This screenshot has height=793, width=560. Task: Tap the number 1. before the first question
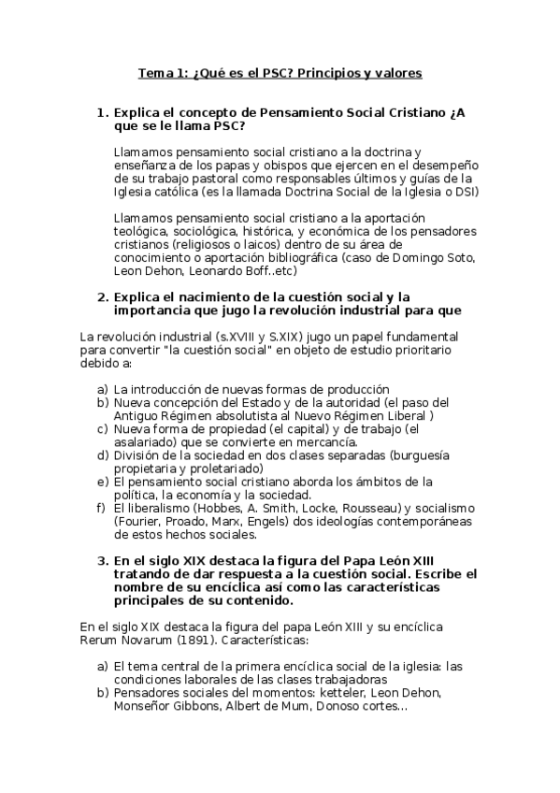coord(104,113)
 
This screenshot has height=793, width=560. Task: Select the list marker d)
coord(103,454)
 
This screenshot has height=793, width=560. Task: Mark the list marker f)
coord(102,508)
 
